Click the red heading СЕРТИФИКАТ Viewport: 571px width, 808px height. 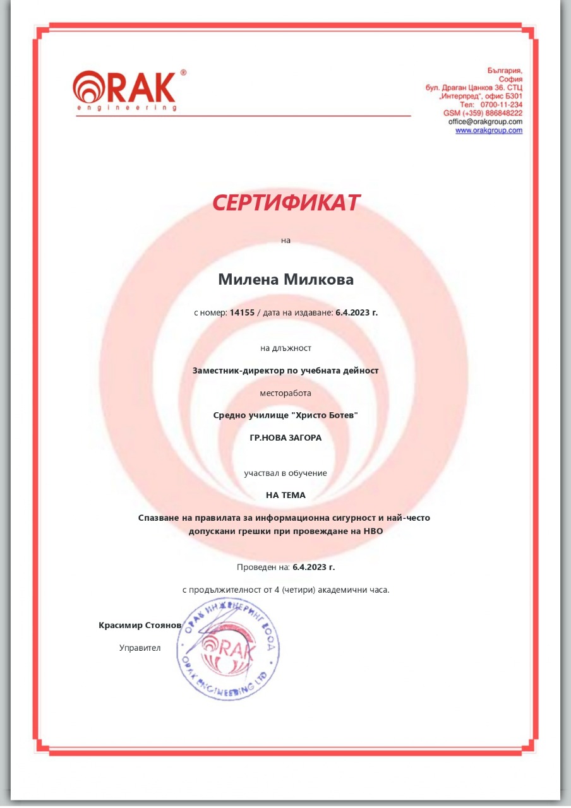coord(285,203)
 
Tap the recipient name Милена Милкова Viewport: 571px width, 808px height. coord(285,280)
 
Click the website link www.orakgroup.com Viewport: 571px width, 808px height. coord(489,131)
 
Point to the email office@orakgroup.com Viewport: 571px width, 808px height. coord(485,121)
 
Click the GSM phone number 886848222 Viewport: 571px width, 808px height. coord(500,112)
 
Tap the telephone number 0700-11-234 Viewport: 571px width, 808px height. coord(502,104)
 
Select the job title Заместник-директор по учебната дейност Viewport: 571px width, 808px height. coord(285,371)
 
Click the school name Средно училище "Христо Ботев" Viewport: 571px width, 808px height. coord(285,415)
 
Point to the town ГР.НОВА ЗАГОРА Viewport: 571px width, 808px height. coord(285,437)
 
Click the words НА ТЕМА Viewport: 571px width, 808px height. coord(285,495)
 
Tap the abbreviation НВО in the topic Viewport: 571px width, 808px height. coord(373,531)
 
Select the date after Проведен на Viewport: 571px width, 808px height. coord(314,567)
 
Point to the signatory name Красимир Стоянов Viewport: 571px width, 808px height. coord(140,626)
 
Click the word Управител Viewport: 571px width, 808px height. coord(140,648)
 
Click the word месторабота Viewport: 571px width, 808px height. coord(285,393)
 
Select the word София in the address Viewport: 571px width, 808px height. coord(510,79)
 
